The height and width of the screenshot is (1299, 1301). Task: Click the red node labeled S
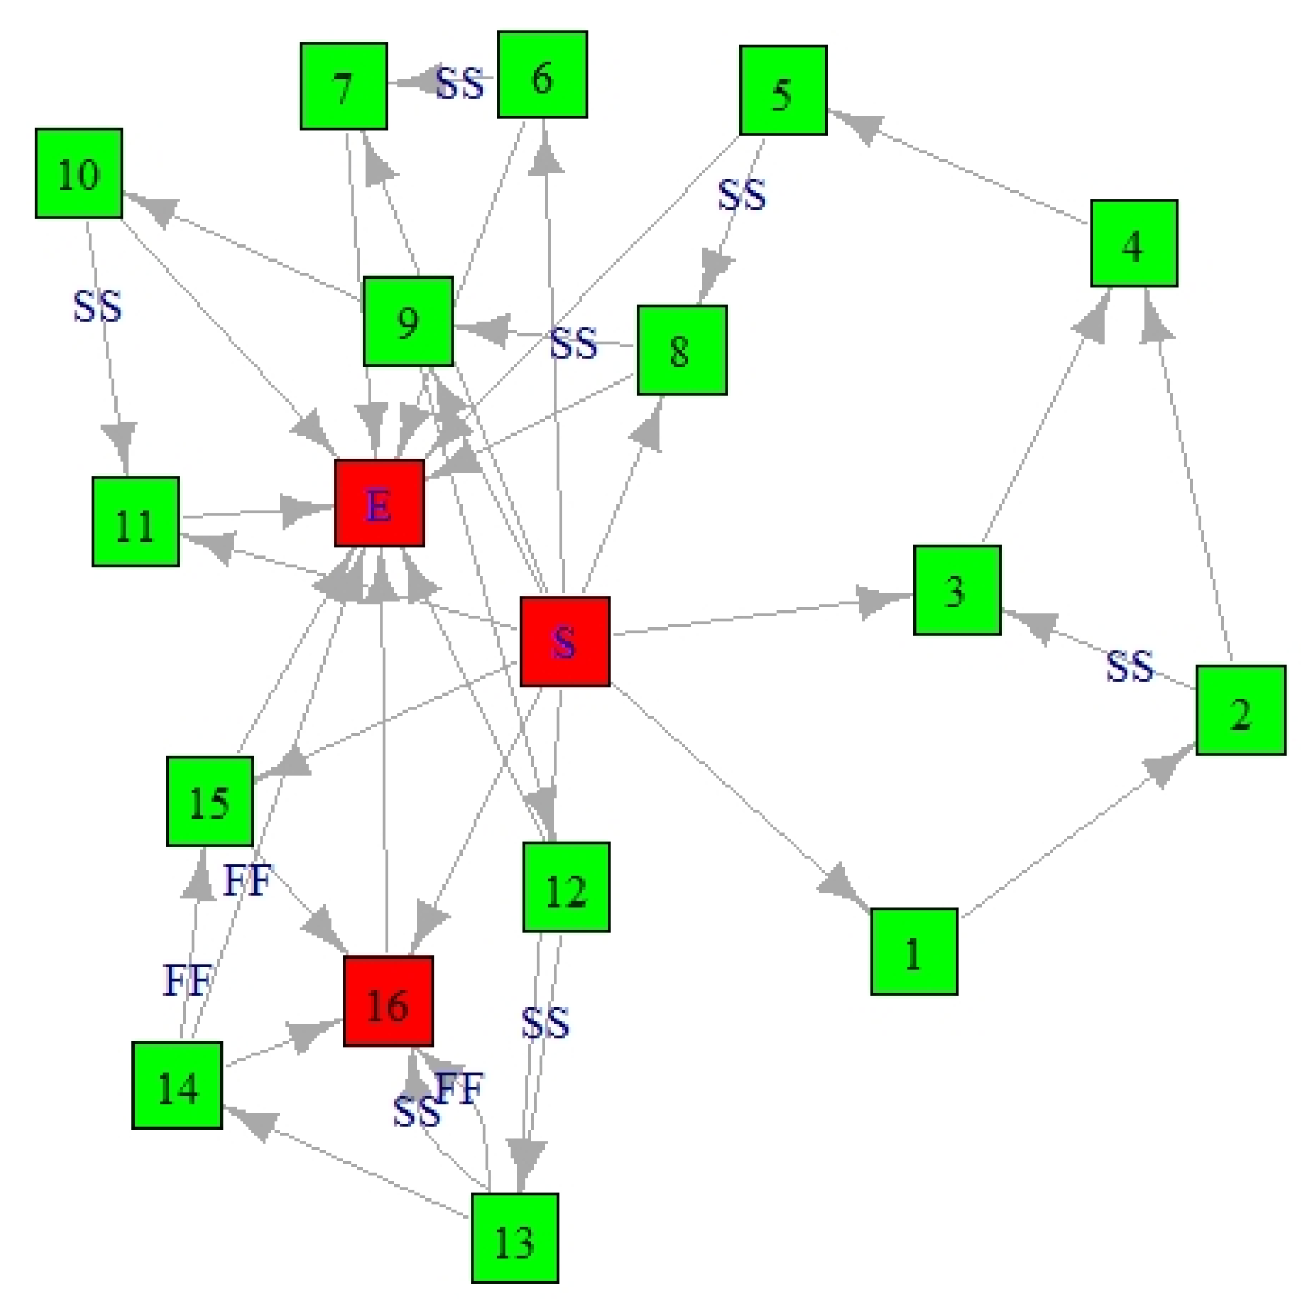click(565, 641)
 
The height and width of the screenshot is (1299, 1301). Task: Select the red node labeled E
click(379, 504)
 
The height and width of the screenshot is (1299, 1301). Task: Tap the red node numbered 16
click(388, 1001)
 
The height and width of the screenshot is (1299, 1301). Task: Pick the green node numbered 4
click(1133, 244)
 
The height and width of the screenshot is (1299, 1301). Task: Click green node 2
click(1240, 710)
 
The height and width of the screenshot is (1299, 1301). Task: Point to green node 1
click(913, 951)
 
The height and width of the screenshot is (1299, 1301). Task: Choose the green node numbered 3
click(957, 590)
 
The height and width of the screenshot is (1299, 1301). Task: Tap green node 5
click(783, 91)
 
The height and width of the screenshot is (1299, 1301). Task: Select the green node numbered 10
click(79, 173)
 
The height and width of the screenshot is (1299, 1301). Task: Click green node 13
click(514, 1238)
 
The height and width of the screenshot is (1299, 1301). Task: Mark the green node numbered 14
click(177, 1085)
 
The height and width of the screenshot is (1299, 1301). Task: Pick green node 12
click(566, 887)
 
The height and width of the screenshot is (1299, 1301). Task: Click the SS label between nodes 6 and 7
click(459, 83)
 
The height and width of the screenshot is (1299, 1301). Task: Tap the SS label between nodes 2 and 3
click(1129, 665)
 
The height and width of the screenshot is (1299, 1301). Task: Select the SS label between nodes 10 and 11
click(97, 306)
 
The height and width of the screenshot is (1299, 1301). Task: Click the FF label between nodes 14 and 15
click(186, 980)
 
